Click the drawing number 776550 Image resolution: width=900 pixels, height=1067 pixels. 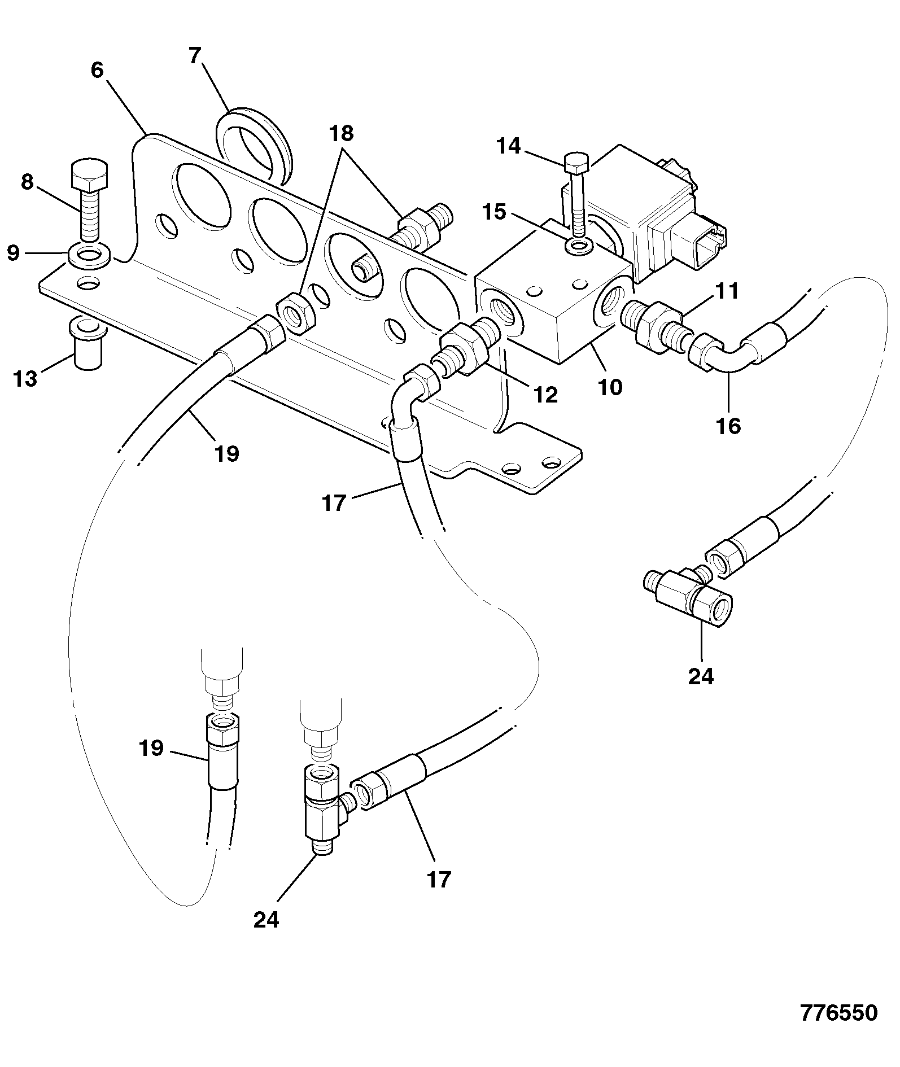(x=838, y=1013)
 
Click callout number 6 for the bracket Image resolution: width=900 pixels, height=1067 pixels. (x=97, y=70)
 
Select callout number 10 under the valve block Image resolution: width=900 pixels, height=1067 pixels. (x=610, y=387)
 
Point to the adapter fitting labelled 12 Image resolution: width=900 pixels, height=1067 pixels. (x=465, y=348)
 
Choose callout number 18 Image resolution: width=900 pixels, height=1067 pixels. (x=342, y=133)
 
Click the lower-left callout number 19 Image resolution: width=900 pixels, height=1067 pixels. (x=151, y=748)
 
